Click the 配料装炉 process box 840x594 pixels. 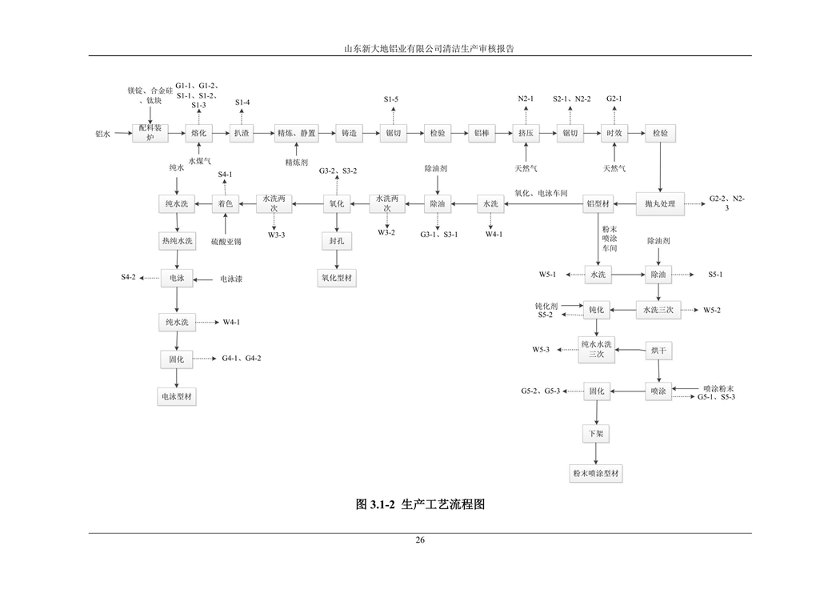(x=150, y=133)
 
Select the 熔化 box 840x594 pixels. (x=198, y=133)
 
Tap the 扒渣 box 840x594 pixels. (x=242, y=133)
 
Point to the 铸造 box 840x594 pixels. (x=348, y=133)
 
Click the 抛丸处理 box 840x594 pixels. (x=660, y=204)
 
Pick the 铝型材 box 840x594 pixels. (x=599, y=204)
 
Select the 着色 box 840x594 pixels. (x=226, y=204)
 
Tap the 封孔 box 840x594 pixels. (x=337, y=240)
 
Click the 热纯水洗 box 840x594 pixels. (x=177, y=240)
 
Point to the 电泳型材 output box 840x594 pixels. (x=177, y=396)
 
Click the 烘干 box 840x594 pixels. (x=658, y=350)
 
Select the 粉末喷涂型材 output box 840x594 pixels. (x=596, y=473)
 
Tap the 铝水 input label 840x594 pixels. (x=103, y=134)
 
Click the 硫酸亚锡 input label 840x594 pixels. (x=226, y=241)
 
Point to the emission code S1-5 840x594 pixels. (x=391, y=98)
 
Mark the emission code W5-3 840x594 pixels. (x=542, y=350)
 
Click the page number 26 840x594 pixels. (x=420, y=540)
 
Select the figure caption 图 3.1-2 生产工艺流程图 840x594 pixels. (x=420, y=504)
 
